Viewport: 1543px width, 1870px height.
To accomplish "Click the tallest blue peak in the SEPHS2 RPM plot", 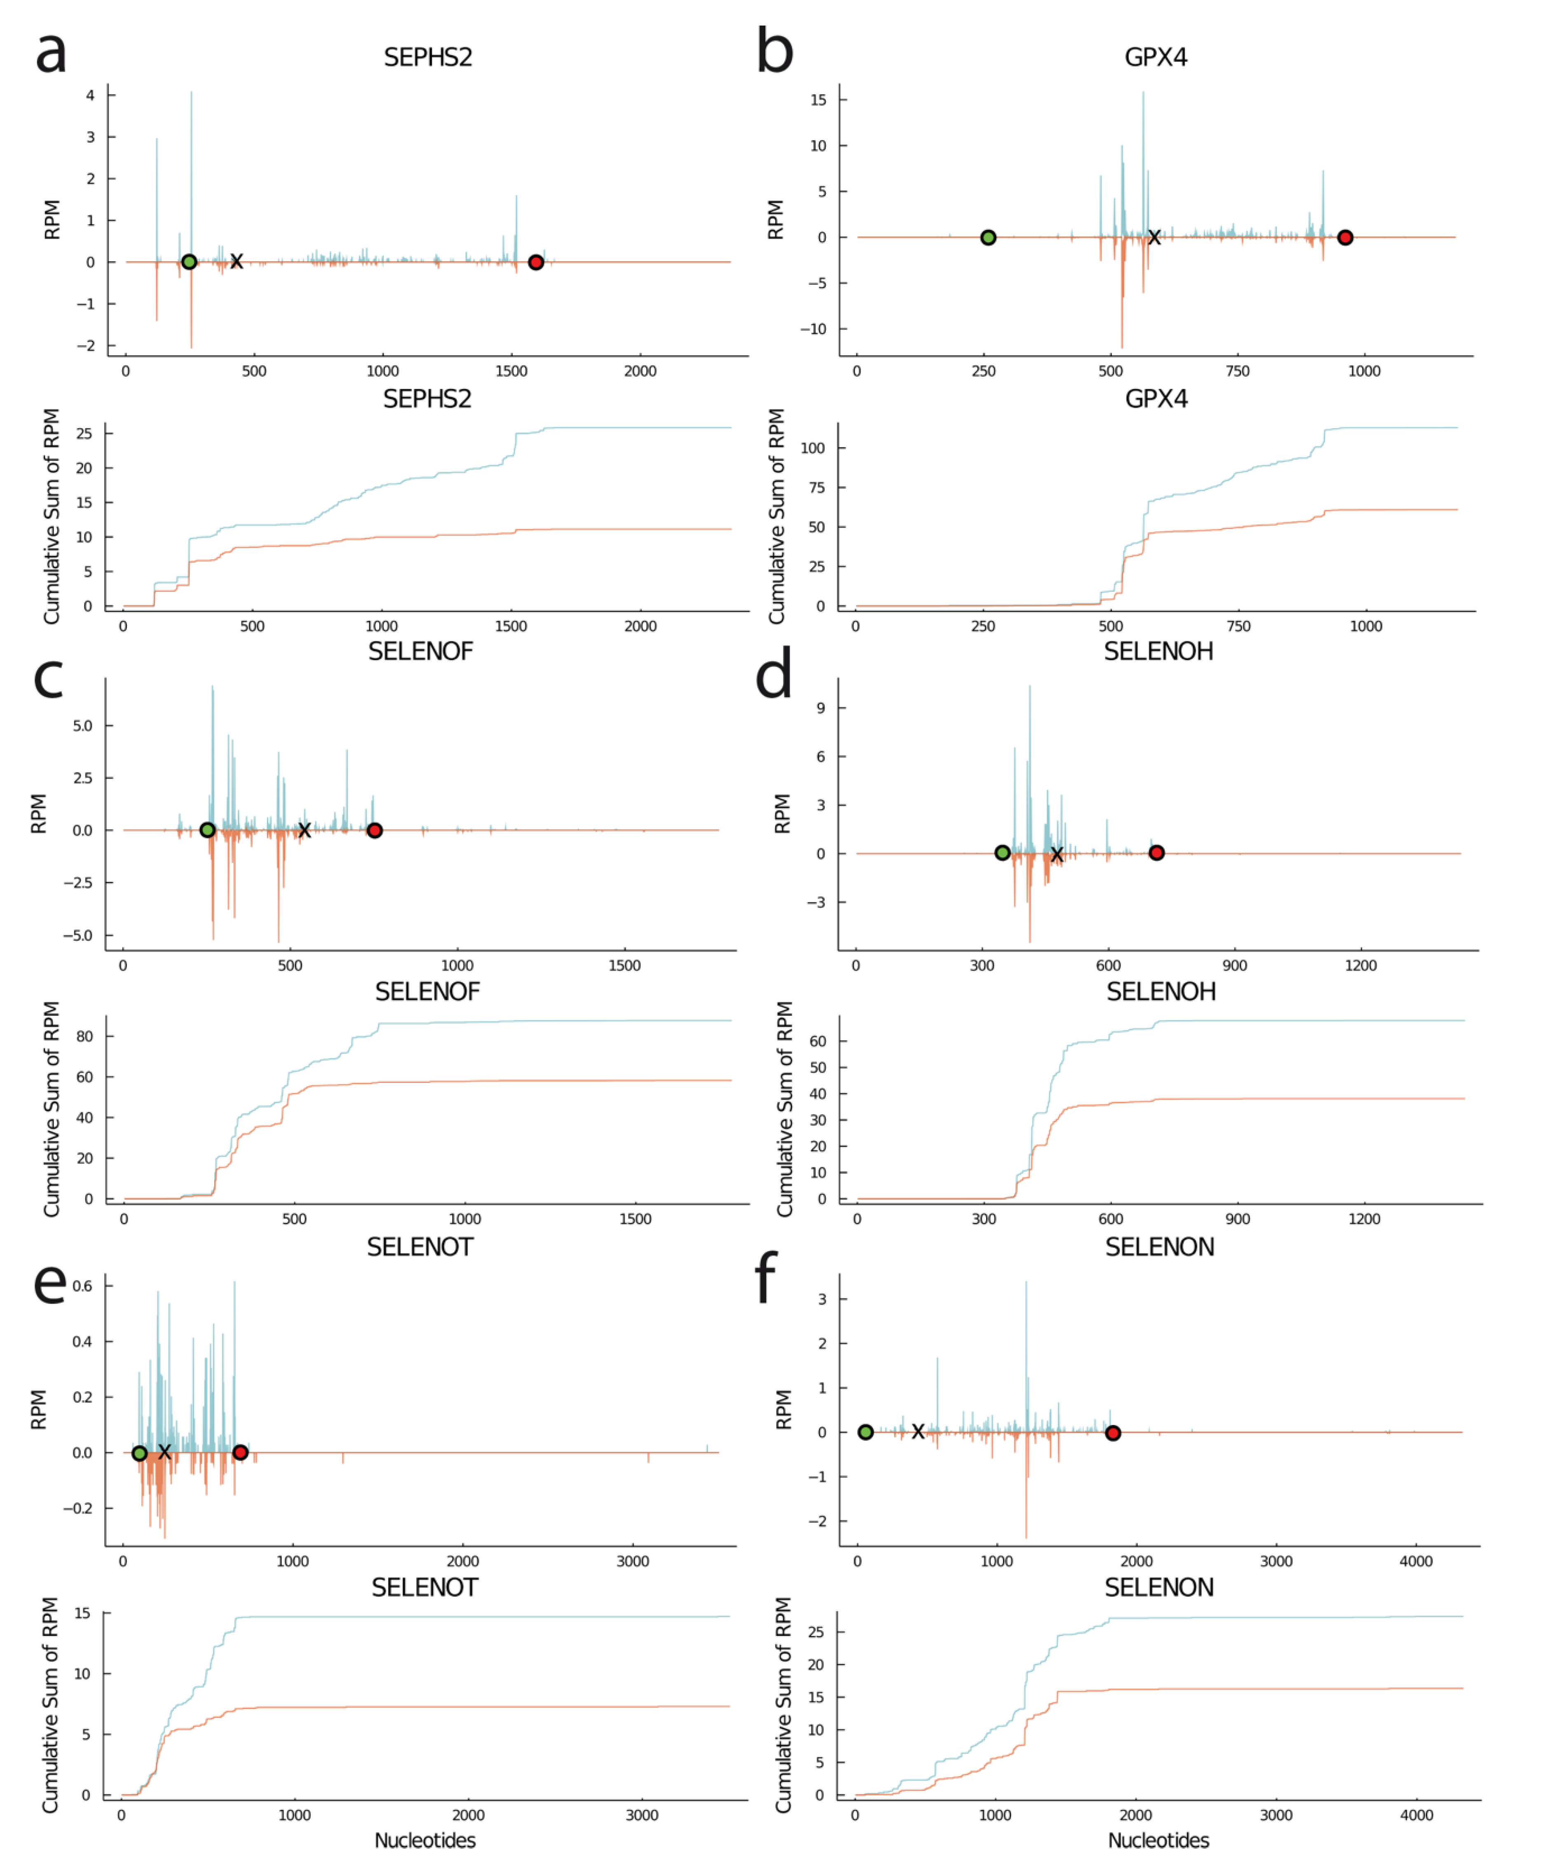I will pos(191,92).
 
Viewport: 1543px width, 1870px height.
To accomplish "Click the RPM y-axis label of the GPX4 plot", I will pos(775,220).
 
